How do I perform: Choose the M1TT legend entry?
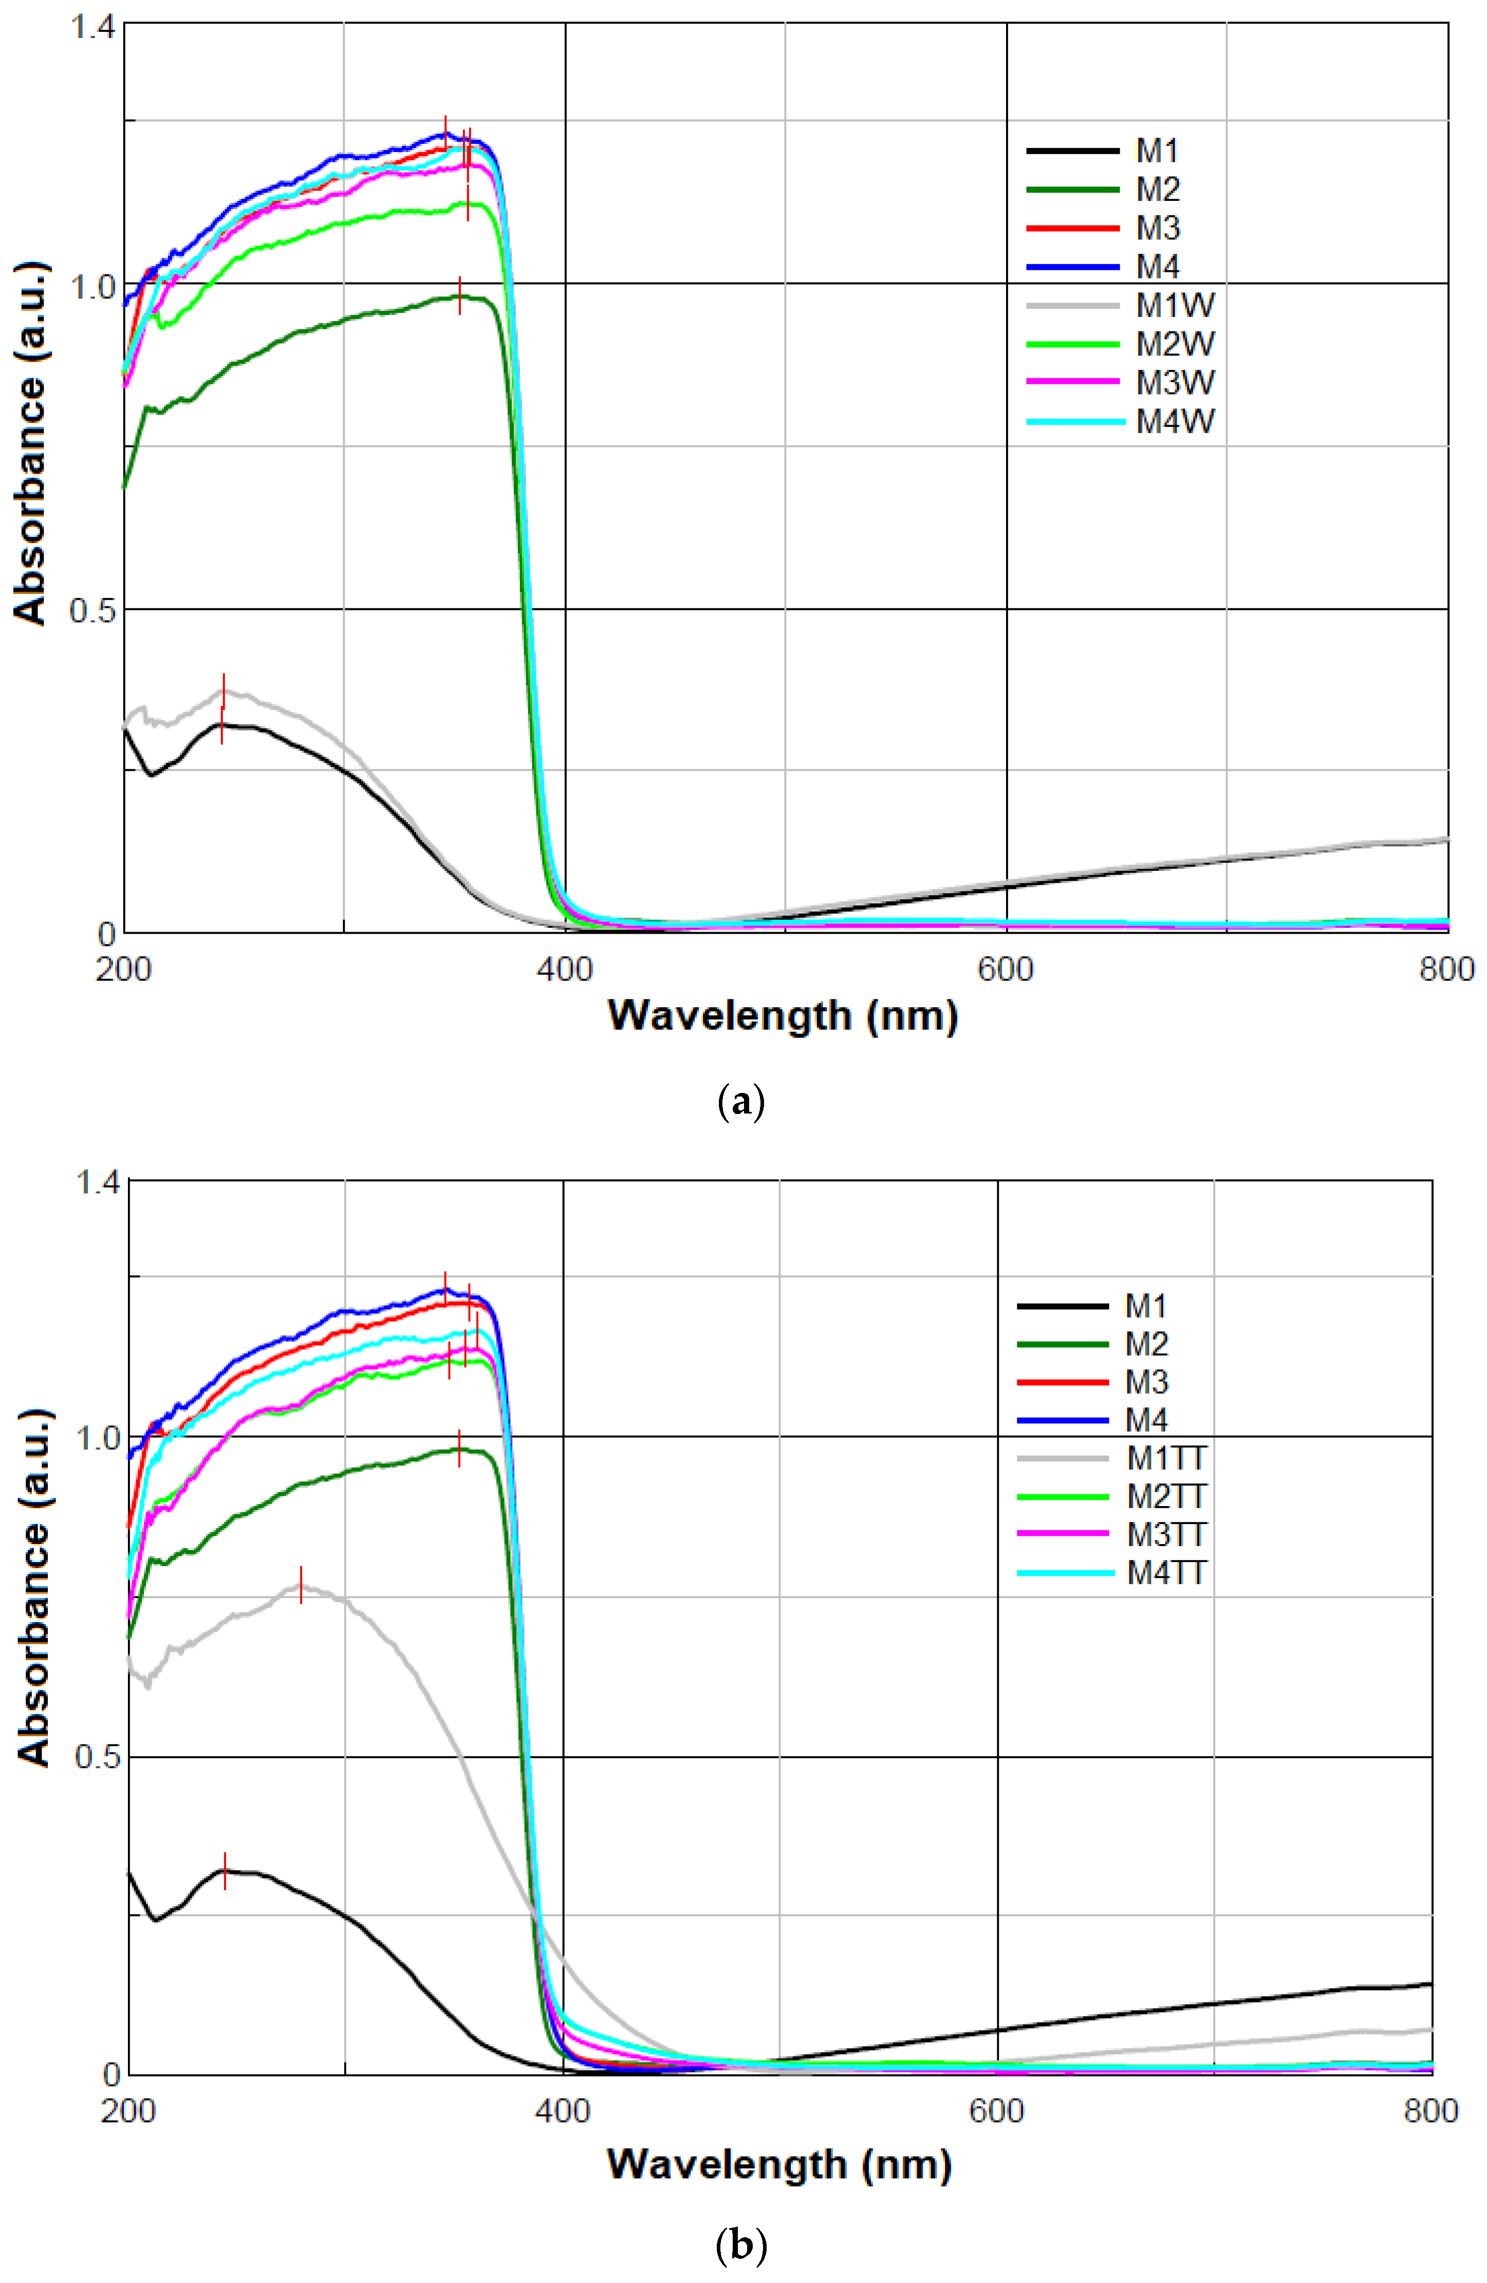pyautogui.click(x=1166, y=1459)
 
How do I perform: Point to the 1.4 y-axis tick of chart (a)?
pyautogui.click(x=91, y=27)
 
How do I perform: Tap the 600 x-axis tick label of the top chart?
pyautogui.click(x=1006, y=970)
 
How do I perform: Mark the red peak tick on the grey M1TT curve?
pyautogui.click(x=301, y=1585)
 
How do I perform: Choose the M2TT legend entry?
pyautogui.click(x=1166, y=1496)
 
